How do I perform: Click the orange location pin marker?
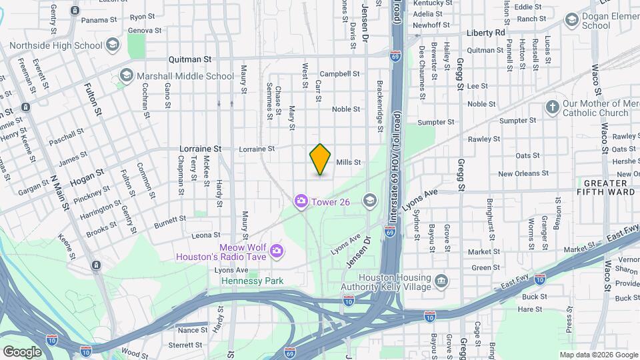pyautogui.click(x=321, y=159)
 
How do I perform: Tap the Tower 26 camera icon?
pyautogui.click(x=301, y=200)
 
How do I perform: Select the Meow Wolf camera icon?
pyautogui.click(x=276, y=251)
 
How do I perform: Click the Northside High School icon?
pyautogui.click(x=112, y=45)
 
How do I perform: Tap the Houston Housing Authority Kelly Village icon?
pyautogui.click(x=441, y=282)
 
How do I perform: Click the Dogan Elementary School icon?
pyautogui.click(x=571, y=20)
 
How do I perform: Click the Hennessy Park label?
pyautogui.click(x=253, y=281)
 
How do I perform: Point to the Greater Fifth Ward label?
pyautogui.click(x=605, y=187)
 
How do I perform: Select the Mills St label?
pyautogui.click(x=348, y=162)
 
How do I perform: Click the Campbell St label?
pyautogui.click(x=339, y=74)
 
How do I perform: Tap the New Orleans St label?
pyautogui.click(x=523, y=173)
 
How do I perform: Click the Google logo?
pyautogui.click(x=23, y=351)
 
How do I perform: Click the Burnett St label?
pyautogui.click(x=170, y=219)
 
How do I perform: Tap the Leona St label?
pyautogui.click(x=206, y=235)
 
